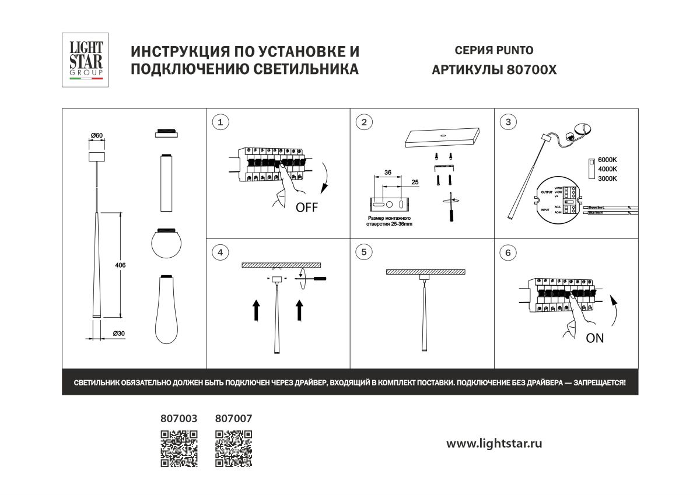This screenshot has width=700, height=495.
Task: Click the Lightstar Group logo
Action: [86, 60]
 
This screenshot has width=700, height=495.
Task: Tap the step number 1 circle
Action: [219, 122]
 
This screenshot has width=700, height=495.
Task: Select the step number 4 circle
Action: [219, 252]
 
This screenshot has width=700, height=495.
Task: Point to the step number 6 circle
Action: [508, 252]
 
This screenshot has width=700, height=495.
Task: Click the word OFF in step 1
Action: [307, 208]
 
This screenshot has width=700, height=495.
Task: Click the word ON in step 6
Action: [594, 338]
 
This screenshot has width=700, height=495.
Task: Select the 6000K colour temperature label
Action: [607, 160]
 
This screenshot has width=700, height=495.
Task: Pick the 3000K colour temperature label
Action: [607, 178]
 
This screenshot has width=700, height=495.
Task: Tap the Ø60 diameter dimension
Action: [96, 136]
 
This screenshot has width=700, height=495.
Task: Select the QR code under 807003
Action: [179, 448]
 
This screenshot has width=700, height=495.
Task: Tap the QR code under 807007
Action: [233, 448]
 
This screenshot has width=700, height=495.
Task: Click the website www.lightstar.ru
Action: [494, 444]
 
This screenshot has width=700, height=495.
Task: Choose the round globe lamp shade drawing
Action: [166, 243]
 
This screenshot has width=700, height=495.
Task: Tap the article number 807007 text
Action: [233, 419]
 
